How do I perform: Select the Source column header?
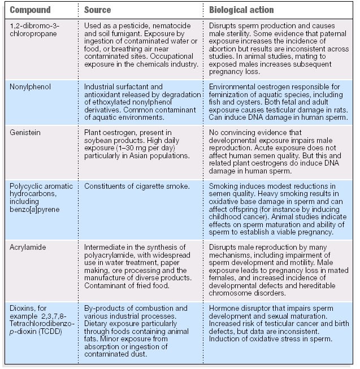(98, 10)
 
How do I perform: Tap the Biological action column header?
(241, 10)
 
